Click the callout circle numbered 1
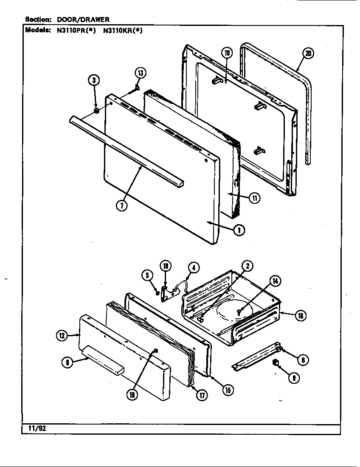pyautogui.click(x=239, y=230)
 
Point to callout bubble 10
pyautogui.click(x=227, y=53)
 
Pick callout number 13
pyautogui.click(x=140, y=73)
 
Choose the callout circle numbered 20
pyautogui.click(x=309, y=53)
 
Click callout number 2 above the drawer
pyautogui.click(x=247, y=266)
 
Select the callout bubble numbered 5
pyautogui.click(x=147, y=276)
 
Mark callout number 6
pyautogui.click(x=303, y=360)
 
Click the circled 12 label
pyautogui.click(x=62, y=336)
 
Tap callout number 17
pyautogui.click(x=201, y=395)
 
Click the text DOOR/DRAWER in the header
pyautogui.click(x=83, y=19)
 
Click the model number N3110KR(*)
pyautogui.click(x=123, y=30)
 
